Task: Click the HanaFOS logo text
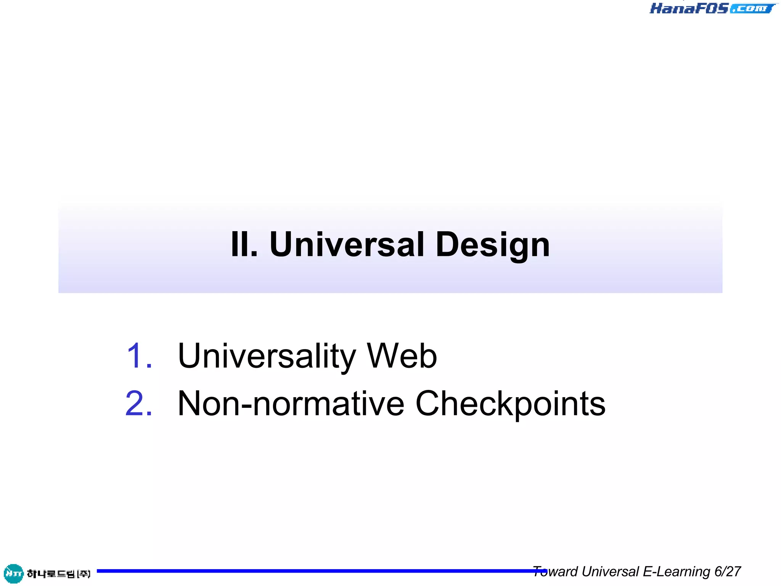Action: [689, 8]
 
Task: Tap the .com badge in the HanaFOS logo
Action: [752, 8]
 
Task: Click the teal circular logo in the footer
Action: [13, 573]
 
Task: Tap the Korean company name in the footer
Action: [58, 573]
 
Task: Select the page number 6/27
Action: [728, 572]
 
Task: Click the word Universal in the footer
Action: [610, 572]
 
